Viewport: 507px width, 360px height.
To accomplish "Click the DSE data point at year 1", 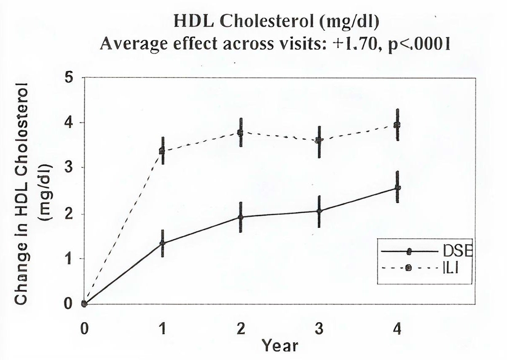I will point(162,243).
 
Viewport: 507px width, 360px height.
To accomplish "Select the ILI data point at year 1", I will point(162,150).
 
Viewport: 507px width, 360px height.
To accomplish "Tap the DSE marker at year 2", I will point(241,217).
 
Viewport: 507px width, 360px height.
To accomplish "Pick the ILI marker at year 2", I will point(241,133).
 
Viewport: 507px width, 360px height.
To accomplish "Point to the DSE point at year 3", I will point(319,211).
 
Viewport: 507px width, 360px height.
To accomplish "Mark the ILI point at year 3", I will point(319,140).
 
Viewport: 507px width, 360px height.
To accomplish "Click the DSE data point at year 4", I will point(397,188).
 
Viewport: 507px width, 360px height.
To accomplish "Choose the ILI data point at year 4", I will point(397,125).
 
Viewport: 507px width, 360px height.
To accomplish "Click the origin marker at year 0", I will point(84,304).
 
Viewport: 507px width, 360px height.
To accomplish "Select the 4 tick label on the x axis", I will point(397,328).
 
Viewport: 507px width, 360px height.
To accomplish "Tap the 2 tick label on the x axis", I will point(241,328).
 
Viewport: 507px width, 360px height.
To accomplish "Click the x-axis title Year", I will point(279,345).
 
